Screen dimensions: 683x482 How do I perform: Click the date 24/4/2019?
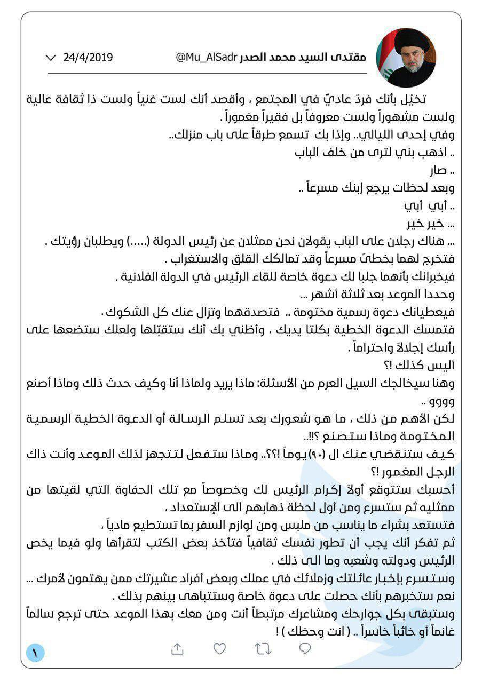click(88, 57)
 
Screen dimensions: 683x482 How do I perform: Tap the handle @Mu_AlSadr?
click(206, 57)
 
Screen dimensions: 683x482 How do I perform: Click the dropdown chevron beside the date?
click(51, 57)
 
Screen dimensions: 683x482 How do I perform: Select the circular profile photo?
click(406, 58)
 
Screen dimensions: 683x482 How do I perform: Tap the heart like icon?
click(219, 648)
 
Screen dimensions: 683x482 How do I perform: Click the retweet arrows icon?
click(262, 648)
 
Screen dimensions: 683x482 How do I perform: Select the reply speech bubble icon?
click(305, 648)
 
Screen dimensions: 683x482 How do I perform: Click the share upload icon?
click(177, 648)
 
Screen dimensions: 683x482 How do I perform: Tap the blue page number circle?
click(35, 652)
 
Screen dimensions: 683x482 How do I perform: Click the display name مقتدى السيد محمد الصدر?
click(311, 57)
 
